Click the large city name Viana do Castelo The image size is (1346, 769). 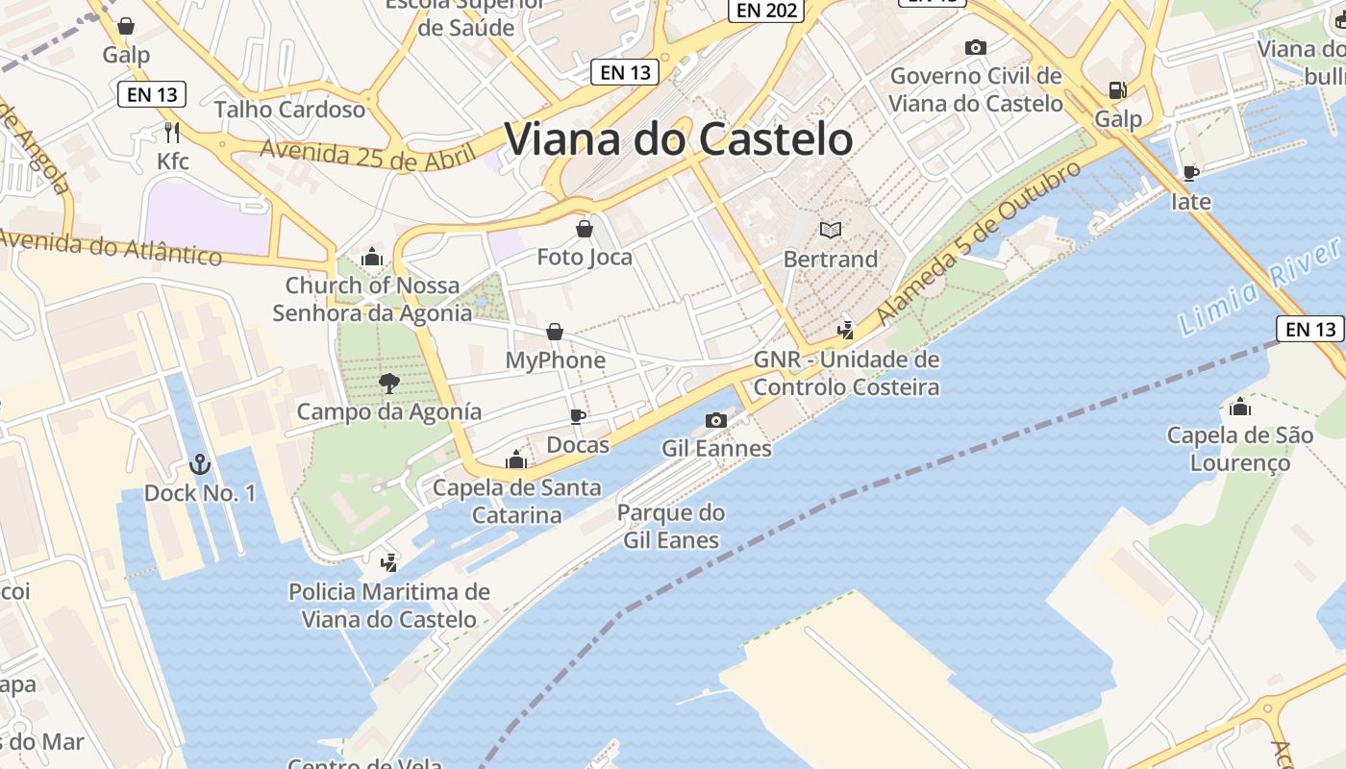679,139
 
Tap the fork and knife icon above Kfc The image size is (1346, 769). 173,132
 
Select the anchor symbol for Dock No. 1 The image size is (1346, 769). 199,465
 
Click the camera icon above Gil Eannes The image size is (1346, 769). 716,420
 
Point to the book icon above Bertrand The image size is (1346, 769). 830,230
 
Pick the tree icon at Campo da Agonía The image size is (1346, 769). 389,384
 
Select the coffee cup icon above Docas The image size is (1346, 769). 578,416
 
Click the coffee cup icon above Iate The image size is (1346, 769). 1190,173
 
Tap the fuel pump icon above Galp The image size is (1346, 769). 1117,90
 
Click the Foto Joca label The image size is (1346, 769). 585,257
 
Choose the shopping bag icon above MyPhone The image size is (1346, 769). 555,333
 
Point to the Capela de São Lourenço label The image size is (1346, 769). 1239,449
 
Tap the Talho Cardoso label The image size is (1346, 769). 289,110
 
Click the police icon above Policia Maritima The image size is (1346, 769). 389,562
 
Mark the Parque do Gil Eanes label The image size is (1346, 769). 671,526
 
